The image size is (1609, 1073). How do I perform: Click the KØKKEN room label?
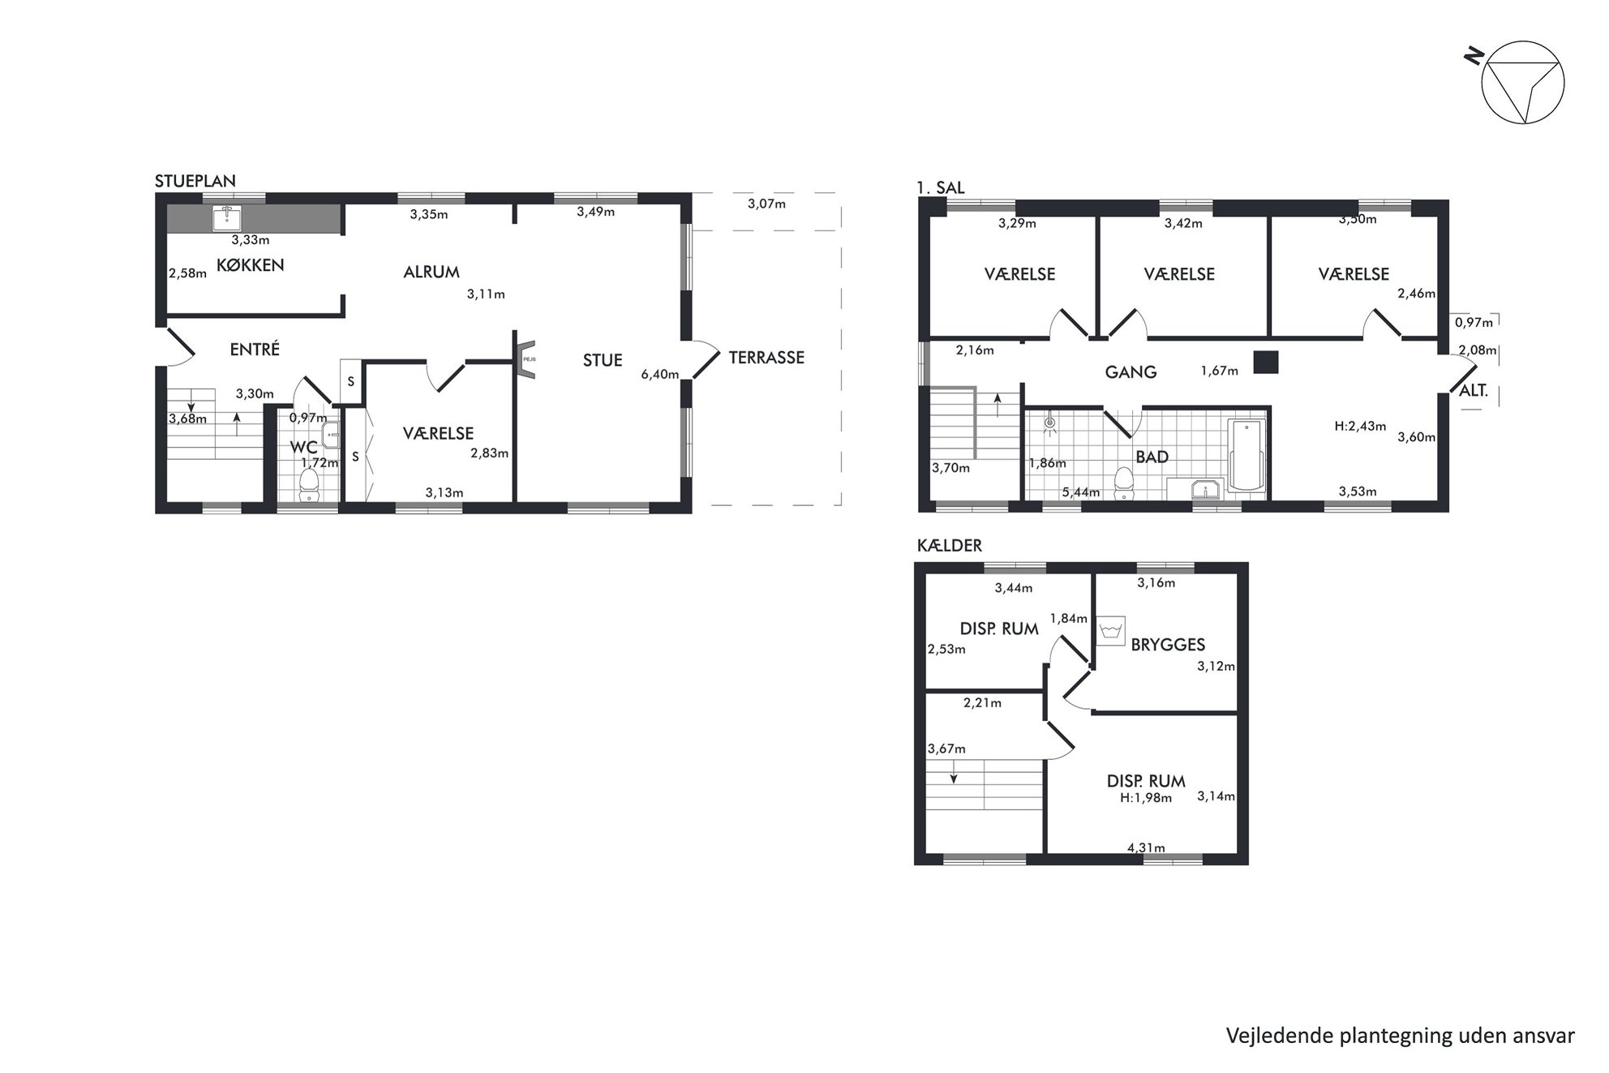click(x=251, y=265)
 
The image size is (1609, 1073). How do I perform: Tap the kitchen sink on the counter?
click(x=230, y=218)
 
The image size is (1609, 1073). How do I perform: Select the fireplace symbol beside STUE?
click(x=526, y=358)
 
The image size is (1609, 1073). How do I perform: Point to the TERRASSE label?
click(x=766, y=358)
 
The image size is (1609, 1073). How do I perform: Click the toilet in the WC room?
click(x=308, y=485)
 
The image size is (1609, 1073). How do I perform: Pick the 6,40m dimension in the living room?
click(x=660, y=374)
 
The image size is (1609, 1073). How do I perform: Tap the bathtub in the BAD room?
click(x=1246, y=455)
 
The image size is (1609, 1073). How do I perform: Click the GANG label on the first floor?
click(x=1131, y=372)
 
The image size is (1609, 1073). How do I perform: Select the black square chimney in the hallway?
click(x=1266, y=362)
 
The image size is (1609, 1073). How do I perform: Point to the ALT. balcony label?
click(x=1474, y=391)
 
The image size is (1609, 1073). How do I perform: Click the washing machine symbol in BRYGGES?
click(x=1111, y=631)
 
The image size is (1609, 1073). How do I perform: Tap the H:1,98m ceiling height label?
click(x=1146, y=798)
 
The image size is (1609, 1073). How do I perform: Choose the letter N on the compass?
click(x=1474, y=55)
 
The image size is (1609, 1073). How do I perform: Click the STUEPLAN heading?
click(x=195, y=181)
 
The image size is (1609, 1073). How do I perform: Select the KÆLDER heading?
click(x=950, y=546)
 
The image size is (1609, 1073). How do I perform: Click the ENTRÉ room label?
click(x=255, y=349)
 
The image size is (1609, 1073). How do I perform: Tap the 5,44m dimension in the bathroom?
click(x=1081, y=492)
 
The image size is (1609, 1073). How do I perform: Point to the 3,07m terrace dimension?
click(x=766, y=204)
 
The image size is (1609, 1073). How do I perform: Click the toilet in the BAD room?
click(x=1124, y=484)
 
